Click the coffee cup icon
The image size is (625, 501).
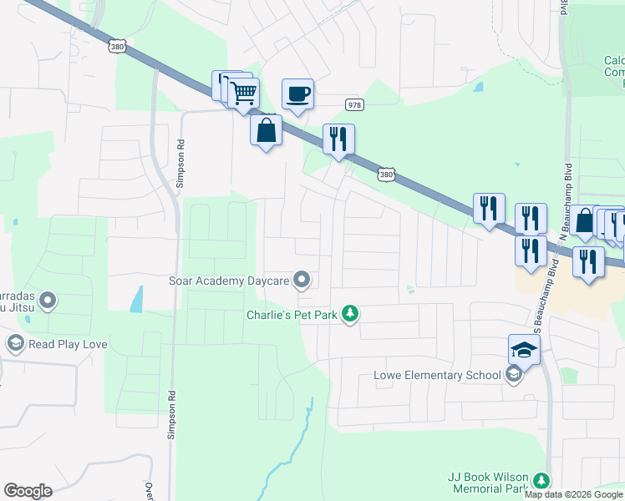pos(297,94)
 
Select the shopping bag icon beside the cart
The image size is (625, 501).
pos(266,130)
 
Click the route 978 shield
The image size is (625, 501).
pos(355,104)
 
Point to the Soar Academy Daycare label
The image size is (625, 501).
pos(229,281)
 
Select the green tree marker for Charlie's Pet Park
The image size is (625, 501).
pos(352,314)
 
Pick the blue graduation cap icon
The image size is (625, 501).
pos(524,350)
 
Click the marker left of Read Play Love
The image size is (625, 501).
pos(15,342)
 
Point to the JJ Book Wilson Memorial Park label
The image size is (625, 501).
pos(489,482)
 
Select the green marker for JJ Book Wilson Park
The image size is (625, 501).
pos(541,481)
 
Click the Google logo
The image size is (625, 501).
pos(28,491)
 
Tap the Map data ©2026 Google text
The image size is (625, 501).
pos(573,494)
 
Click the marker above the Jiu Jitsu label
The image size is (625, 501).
pos(48,299)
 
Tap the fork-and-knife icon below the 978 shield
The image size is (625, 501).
pos(338,139)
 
